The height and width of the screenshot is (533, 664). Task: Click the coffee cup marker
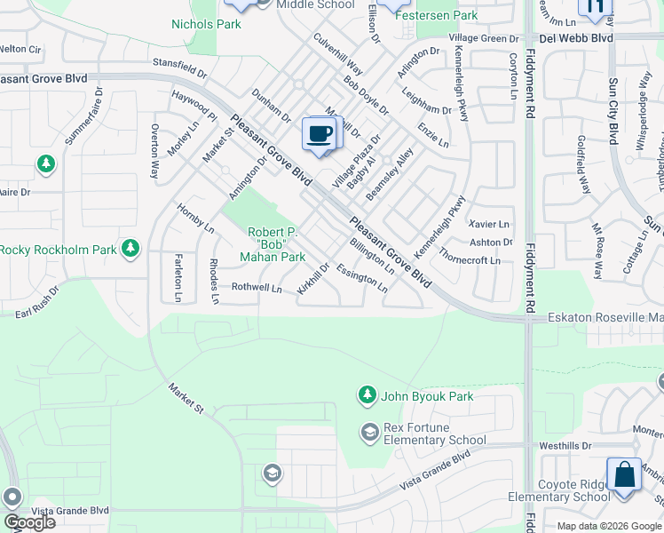pyautogui.click(x=320, y=134)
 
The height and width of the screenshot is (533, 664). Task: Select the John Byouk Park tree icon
pyautogui.click(x=366, y=394)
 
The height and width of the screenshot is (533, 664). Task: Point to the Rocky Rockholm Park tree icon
pyautogui.click(x=131, y=248)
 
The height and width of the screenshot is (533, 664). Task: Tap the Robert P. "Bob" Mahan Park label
pyautogui.click(x=273, y=244)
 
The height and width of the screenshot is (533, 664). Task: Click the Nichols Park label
pyautogui.click(x=206, y=24)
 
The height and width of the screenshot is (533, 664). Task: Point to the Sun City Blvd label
pyautogui.click(x=612, y=111)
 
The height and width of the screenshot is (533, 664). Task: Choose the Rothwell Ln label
pyautogui.click(x=257, y=288)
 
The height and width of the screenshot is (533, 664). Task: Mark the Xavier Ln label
pyautogui.click(x=490, y=225)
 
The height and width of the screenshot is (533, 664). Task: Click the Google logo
pyautogui.click(x=28, y=522)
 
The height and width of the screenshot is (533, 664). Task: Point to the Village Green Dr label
pyautogui.click(x=484, y=39)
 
